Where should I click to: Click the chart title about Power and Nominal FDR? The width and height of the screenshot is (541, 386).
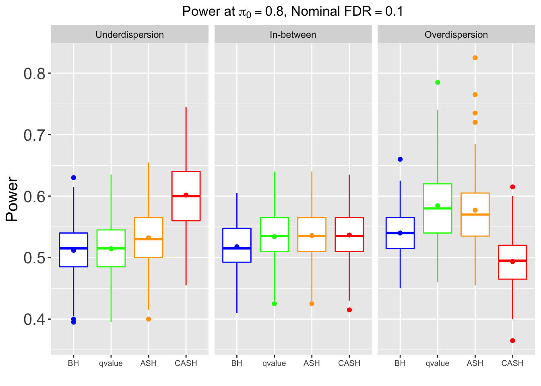(x=293, y=11)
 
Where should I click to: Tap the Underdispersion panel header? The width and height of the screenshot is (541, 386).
(x=130, y=35)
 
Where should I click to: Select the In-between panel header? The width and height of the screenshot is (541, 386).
(x=293, y=35)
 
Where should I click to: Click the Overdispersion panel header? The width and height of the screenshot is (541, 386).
(x=456, y=35)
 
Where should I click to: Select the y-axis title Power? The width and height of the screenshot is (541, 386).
(x=12, y=199)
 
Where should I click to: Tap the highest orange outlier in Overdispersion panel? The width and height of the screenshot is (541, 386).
(x=475, y=58)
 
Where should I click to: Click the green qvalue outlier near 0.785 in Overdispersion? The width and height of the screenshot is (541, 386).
(x=438, y=82)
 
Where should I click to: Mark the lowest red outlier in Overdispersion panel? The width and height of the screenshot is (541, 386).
(x=512, y=341)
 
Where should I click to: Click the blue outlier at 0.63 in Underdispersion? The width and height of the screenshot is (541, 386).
(x=74, y=178)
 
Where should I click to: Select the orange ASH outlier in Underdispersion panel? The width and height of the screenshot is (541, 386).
(x=149, y=319)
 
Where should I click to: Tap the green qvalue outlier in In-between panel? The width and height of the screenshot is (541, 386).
(x=274, y=304)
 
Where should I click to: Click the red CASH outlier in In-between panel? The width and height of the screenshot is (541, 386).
(x=349, y=310)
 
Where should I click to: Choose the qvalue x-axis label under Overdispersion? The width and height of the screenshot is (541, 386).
(x=438, y=363)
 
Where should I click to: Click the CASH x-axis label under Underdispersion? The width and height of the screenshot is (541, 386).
(x=186, y=363)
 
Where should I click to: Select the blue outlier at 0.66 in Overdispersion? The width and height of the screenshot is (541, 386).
(x=400, y=159)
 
